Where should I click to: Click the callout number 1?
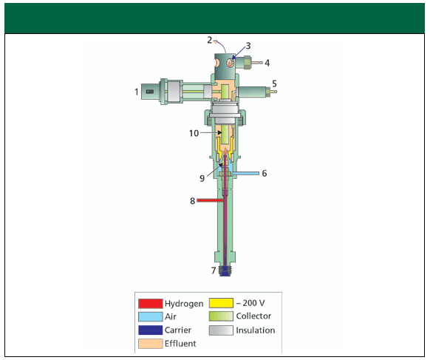pos(136,92)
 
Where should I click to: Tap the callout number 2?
pos(210,41)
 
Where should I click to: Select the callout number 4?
pos(267,63)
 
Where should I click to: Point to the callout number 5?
pos(274,84)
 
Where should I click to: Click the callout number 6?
pos(265,174)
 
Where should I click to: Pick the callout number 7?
pos(214,271)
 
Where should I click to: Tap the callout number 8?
pos(193,201)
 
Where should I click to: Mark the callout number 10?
pos(194,133)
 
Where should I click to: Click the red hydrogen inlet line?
pos(210,200)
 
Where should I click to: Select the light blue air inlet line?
pos(246,174)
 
